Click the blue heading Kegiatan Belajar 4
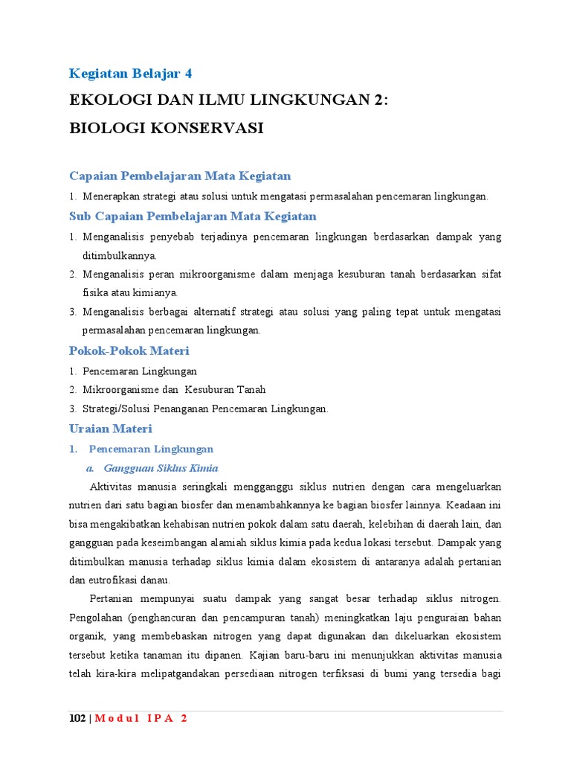click(130, 73)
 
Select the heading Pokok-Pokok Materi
click(129, 350)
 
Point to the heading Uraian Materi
click(110, 429)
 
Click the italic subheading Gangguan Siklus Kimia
click(161, 468)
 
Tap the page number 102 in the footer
click(77, 719)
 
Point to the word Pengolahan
click(95, 618)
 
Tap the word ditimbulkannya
click(120, 255)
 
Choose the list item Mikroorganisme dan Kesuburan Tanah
click(174, 389)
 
